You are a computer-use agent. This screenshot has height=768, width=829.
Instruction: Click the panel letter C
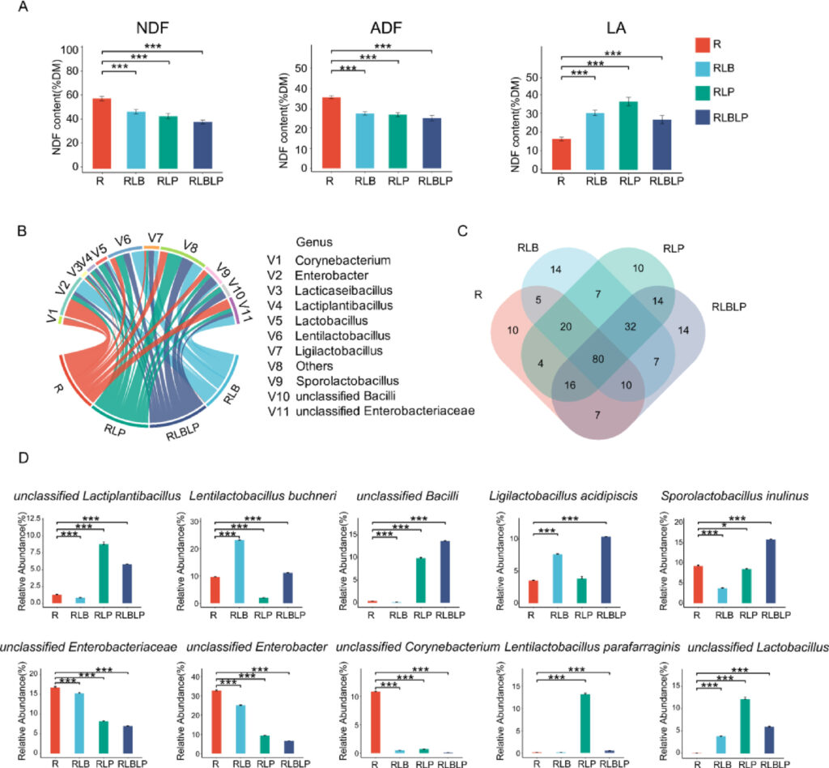[x=461, y=231]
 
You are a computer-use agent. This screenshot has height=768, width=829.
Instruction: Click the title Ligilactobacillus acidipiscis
[x=555, y=495]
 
